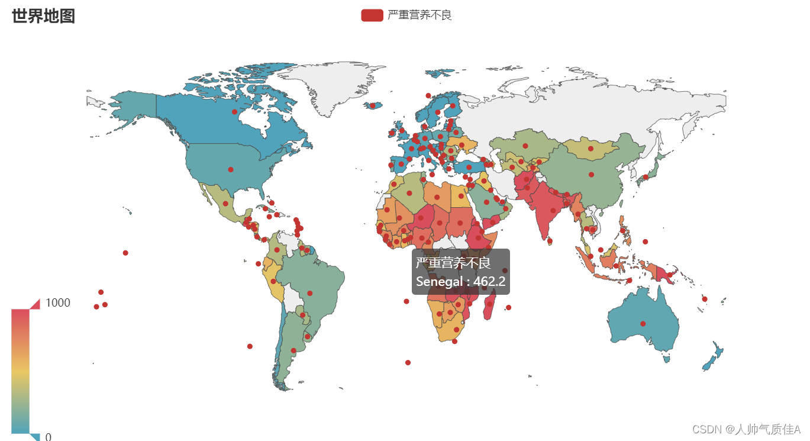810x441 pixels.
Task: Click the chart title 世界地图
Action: coord(43,16)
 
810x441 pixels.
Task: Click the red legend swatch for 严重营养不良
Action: coord(372,15)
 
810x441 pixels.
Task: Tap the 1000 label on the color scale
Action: coord(58,302)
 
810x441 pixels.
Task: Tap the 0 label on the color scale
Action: coord(49,437)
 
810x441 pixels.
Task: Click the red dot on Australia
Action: coord(643,323)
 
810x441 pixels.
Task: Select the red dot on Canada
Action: coord(234,112)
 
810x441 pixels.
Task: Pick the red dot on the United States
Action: coord(230,170)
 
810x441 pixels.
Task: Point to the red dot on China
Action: coord(591,175)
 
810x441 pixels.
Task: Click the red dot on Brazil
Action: coord(309,293)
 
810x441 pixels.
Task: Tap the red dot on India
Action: coord(553,210)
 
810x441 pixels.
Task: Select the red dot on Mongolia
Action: coord(590,149)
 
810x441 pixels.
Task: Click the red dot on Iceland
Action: coord(373,106)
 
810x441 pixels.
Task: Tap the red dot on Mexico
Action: coord(225,204)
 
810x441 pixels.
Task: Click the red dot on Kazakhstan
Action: coord(525,146)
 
